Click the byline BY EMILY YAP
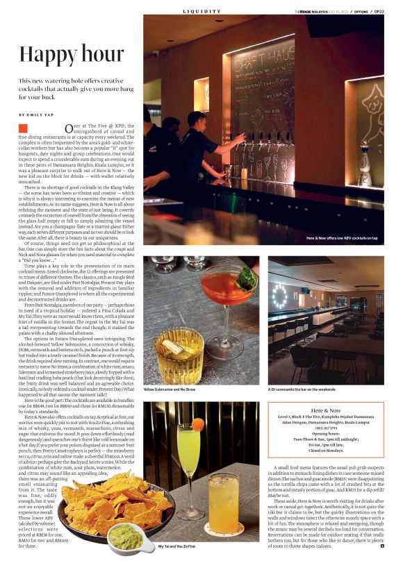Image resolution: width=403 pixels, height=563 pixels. (35, 114)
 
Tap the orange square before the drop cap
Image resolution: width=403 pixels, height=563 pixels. (23, 128)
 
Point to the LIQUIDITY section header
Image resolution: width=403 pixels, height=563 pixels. (201, 11)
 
